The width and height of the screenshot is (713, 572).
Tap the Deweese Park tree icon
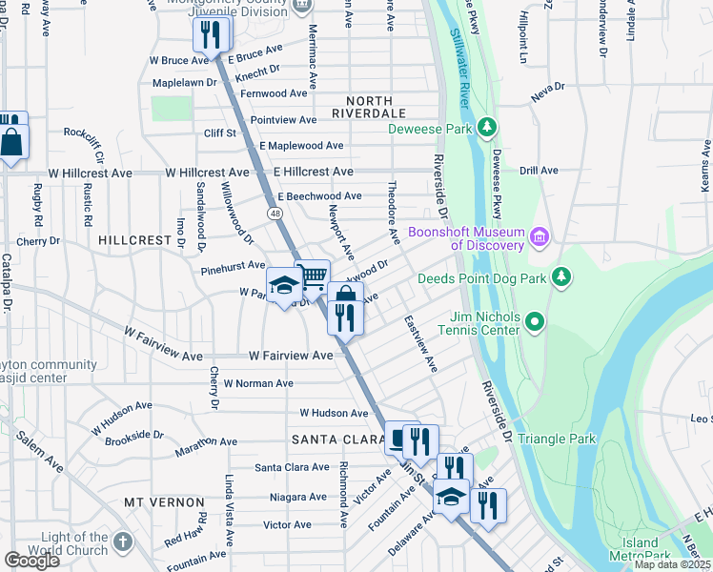(x=487, y=128)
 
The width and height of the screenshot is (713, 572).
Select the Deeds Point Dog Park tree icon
(x=563, y=277)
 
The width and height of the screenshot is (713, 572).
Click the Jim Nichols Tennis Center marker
(x=535, y=321)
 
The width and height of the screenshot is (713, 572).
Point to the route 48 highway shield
(x=275, y=214)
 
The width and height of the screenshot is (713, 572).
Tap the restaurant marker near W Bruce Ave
(x=211, y=35)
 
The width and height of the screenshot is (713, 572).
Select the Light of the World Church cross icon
(x=121, y=542)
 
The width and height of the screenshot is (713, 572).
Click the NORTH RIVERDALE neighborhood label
(x=349, y=107)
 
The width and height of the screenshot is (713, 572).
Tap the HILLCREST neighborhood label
(x=133, y=241)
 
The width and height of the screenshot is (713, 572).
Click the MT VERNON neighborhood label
(x=164, y=501)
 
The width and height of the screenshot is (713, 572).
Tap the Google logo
(x=31, y=560)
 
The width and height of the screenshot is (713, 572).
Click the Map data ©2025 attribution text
(x=671, y=564)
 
